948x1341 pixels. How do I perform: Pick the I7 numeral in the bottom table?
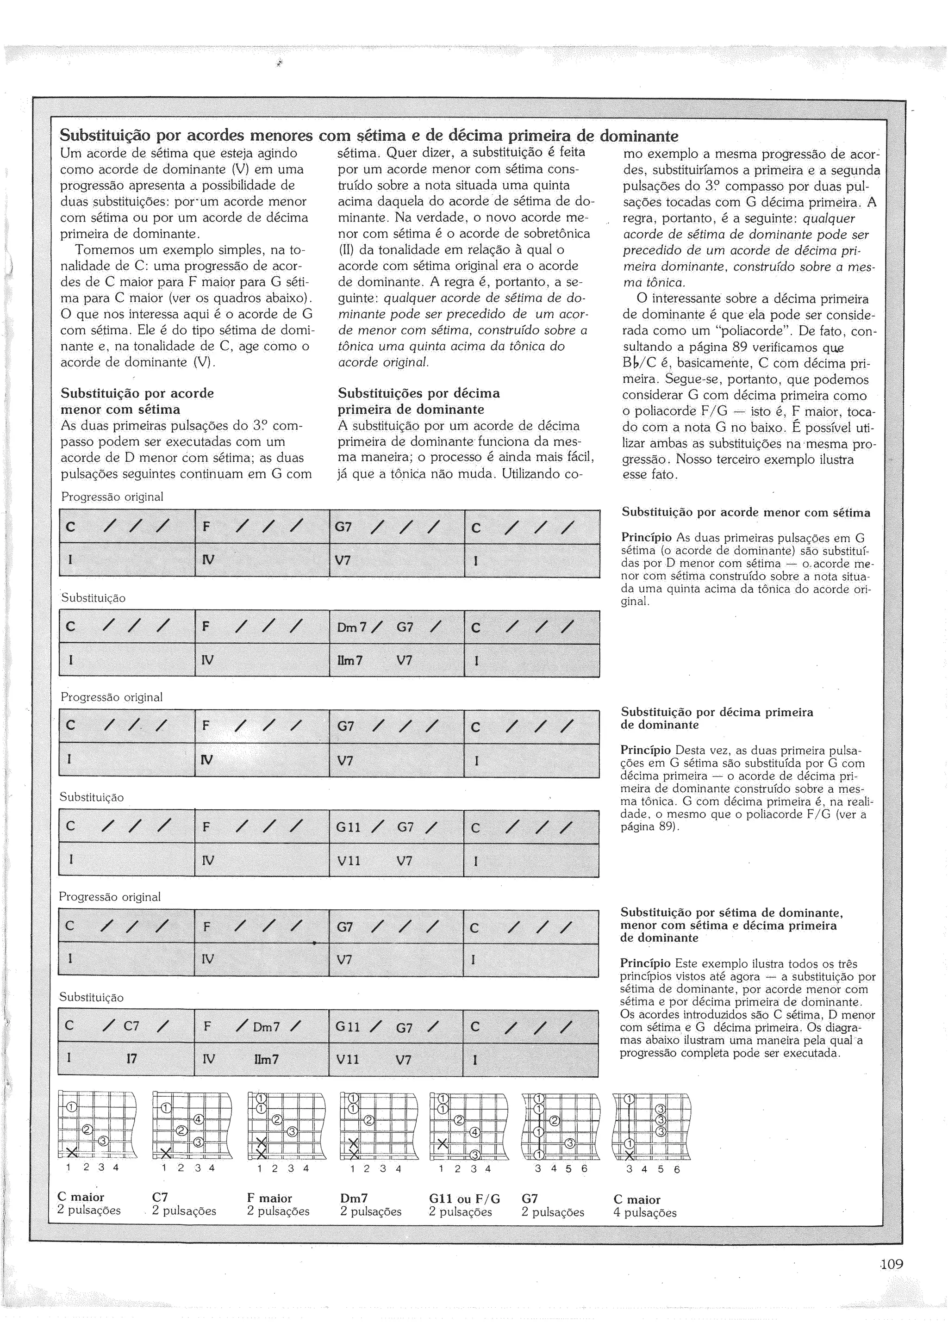(132, 1059)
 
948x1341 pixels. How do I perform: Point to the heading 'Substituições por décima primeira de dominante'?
(419, 401)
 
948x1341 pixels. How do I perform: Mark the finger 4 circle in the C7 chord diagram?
(198, 1120)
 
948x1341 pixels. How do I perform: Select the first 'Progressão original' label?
(112, 497)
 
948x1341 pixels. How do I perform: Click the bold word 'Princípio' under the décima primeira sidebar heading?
(645, 750)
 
